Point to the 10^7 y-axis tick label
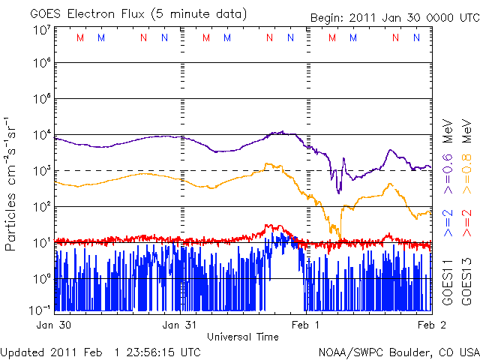[x=41, y=30]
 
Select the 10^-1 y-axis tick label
[x=40, y=309]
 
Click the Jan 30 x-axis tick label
[x=55, y=325]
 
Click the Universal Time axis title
[x=243, y=337]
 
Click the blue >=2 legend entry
[x=448, y=223]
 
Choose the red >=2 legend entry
[x=466, y=223]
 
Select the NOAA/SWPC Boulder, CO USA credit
[x=397, y=351]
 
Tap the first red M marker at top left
[x=80, y=37]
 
